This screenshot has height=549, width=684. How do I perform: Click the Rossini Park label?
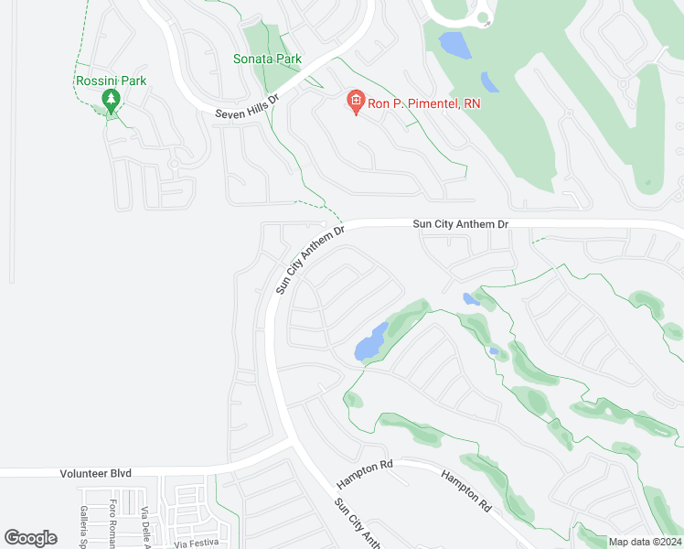111,81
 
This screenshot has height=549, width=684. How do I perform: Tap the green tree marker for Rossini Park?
112,100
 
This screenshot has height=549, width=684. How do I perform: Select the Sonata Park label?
266,59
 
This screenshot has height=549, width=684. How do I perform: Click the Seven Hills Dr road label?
247,106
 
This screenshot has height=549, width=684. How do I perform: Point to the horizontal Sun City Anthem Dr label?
460,223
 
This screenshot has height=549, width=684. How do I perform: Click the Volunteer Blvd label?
96,473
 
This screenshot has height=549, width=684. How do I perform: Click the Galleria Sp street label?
82,526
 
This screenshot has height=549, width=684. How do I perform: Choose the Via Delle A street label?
144,526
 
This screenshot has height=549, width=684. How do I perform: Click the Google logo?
31,538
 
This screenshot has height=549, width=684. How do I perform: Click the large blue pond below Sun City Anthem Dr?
369,343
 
